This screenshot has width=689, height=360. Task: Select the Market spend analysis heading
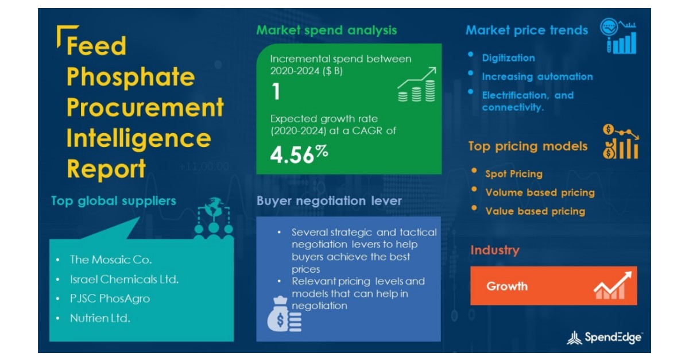click(x=326, y=30)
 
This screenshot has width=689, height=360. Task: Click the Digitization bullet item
click(x=508, y=57)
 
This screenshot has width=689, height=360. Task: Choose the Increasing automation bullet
click(x=537, y=76)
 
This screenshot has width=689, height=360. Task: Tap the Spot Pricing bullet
click(x=513, y=173)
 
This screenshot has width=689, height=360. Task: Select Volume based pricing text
click(x=540, y=192)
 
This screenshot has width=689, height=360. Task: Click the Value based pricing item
click(x=535, y=211)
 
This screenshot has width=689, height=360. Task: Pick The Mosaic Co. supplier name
click(x=111, y=260)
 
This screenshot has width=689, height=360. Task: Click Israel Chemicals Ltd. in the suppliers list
click(x=124, y=279)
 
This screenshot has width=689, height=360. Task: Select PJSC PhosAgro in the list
click(x=110, y=299)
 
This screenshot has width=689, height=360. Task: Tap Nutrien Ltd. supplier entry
click(x=100, y=318)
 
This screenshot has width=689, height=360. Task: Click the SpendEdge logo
click(x=605, y=338)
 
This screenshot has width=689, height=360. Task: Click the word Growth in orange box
click(x=506, y=286)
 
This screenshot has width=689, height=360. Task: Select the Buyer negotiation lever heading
click(x=329, y=201)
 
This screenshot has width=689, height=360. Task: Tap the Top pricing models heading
click(x=528, y=146)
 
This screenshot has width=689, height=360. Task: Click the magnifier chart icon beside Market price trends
click(x=618, y=37)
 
